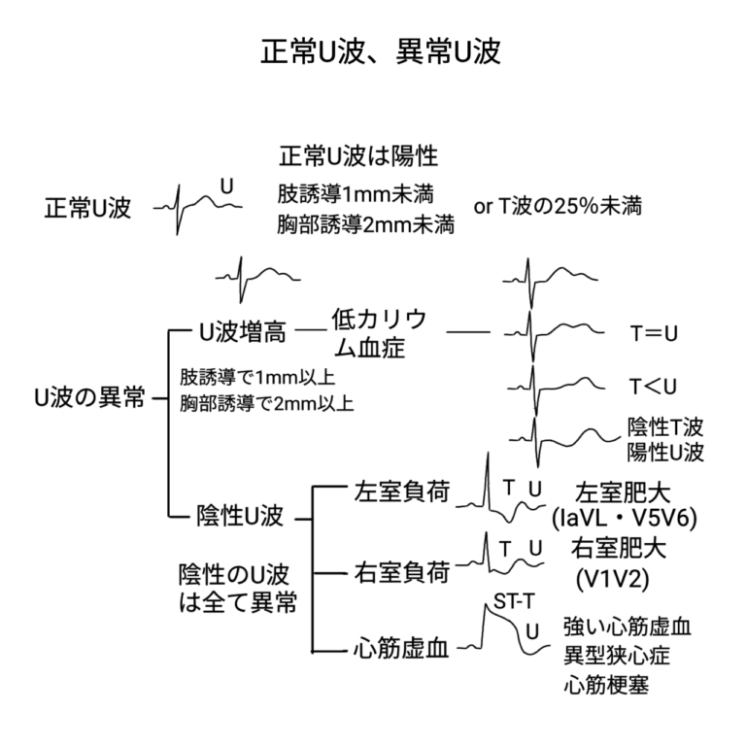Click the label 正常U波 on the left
[x=87, y=209]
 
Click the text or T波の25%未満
[x=558, y=207]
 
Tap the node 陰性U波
[x=241, y=516]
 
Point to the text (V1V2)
[x=612, y=580]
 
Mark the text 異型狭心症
[x=616, y=654]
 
